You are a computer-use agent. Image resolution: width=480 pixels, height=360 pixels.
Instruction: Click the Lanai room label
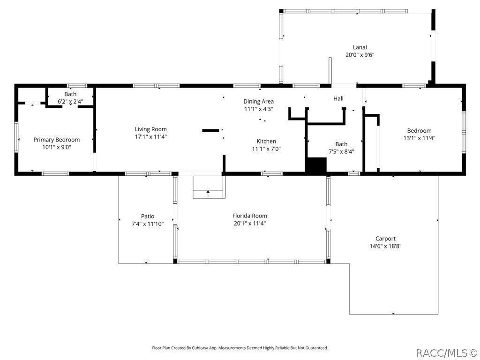point(360,47)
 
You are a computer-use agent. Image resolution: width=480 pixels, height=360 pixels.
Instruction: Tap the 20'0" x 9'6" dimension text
point(360,54)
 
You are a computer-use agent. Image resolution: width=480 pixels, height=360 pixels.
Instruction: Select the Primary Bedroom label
point(56,140)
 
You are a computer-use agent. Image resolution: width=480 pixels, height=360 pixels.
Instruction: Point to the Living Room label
point(150,129)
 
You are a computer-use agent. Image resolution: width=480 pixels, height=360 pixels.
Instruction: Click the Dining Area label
point(258,101)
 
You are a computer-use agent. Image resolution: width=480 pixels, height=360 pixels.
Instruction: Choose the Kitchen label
point(266,142)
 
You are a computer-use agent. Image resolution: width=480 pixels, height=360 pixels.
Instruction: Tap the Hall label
point(338,98)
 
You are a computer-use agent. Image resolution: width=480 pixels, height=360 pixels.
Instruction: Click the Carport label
point(385,239)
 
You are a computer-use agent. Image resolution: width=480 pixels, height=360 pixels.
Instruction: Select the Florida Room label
point(250,216)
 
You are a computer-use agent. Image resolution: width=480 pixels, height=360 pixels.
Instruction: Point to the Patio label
point(148,216)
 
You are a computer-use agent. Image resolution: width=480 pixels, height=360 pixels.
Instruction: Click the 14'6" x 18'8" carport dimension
point(385,246)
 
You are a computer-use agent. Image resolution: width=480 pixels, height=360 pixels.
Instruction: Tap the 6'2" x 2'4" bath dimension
point(70,101)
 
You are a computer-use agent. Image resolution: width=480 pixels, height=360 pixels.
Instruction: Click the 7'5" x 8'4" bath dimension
point(341,151)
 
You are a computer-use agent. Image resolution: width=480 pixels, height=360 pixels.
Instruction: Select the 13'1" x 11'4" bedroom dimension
point(419,138)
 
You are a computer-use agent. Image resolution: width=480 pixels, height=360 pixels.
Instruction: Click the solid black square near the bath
point(316,165)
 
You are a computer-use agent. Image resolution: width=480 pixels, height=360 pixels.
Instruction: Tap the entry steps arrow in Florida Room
point(208,192)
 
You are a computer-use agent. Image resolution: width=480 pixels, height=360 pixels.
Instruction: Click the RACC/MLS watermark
point(446,352)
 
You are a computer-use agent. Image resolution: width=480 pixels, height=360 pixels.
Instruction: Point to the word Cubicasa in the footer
point(195,348)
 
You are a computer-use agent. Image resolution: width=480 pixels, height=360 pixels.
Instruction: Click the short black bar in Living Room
point(210,130)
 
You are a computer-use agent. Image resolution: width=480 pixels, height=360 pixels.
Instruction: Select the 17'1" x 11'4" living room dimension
point(150,137)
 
